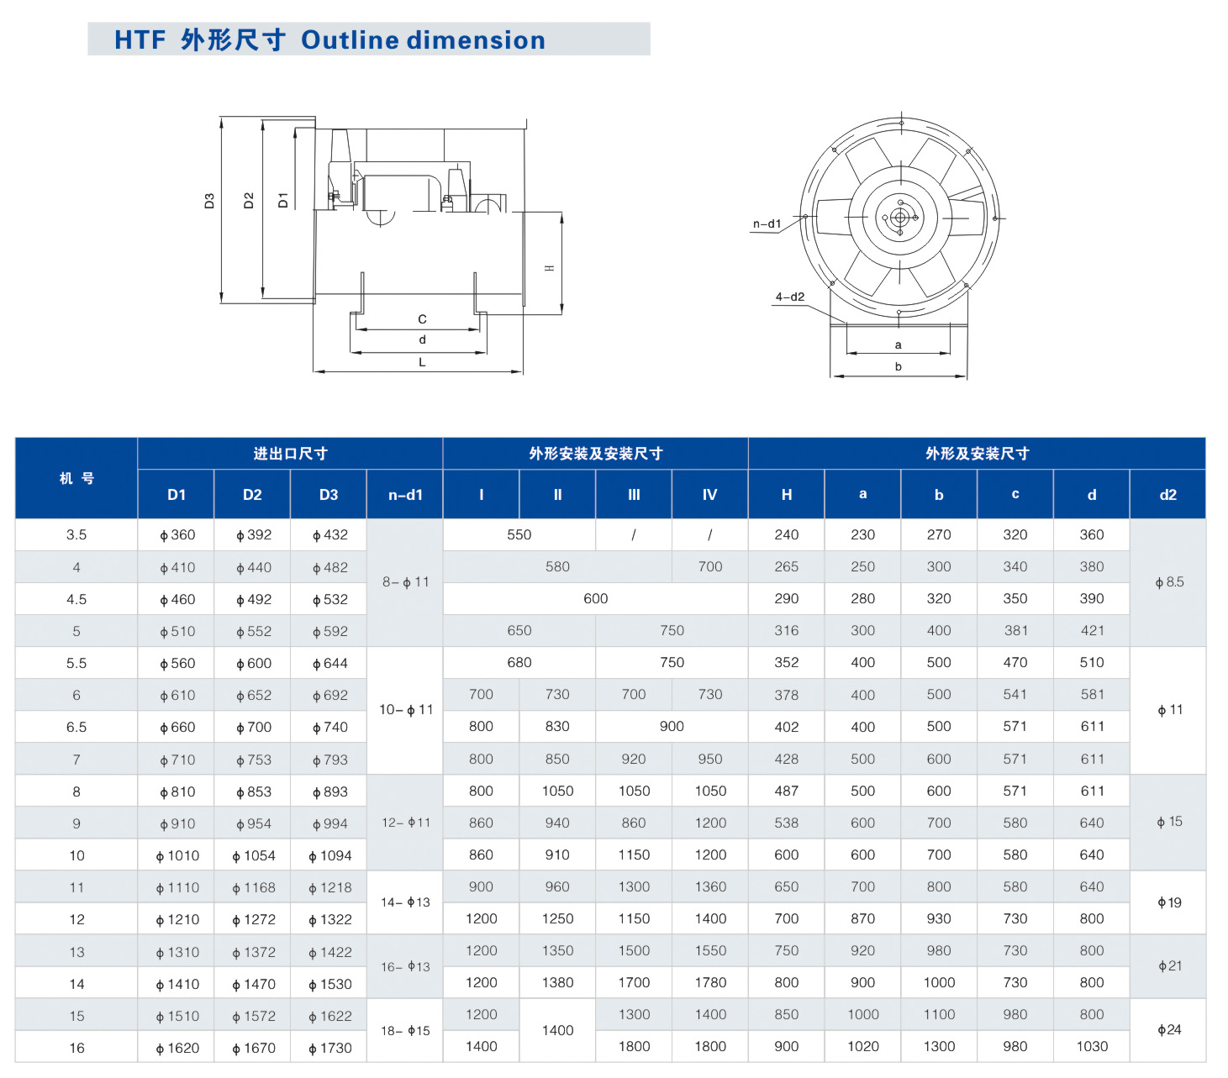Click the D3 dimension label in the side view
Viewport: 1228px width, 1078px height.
click(x=209, y=201)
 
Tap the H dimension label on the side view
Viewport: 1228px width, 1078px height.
click(x=549, y=268)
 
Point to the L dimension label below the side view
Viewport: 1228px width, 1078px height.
click(x=423, y=362)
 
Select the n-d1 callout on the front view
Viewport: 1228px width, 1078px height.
click(x=767, y=223)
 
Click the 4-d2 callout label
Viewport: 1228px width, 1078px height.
click(x=790, y=297)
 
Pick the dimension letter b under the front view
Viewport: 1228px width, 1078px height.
click(x=899, y=366)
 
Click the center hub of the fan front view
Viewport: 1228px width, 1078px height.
click(x=900, y=218)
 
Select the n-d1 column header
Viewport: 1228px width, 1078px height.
click(x=405, y=494)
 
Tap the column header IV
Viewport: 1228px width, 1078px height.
click(x=709, y=494)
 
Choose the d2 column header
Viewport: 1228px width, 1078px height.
click(x=1168, y=494)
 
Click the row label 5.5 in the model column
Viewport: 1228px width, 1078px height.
click(x=76, y=663)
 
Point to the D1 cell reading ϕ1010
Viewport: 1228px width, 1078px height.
click(x=177, y=855)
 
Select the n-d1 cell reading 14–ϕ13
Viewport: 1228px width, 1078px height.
click(x=405, y=902)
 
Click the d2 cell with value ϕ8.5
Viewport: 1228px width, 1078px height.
click(x=1169, y=582)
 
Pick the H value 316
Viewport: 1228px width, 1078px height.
click(x=786, y=631)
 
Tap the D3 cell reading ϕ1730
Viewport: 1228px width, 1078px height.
click(x=330, y=1049)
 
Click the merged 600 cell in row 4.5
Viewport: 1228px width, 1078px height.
click(x=595, y=599)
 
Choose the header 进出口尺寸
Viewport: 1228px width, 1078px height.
click(x=290, y=453)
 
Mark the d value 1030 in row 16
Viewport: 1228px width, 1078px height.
click(x=1092, y=1046)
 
